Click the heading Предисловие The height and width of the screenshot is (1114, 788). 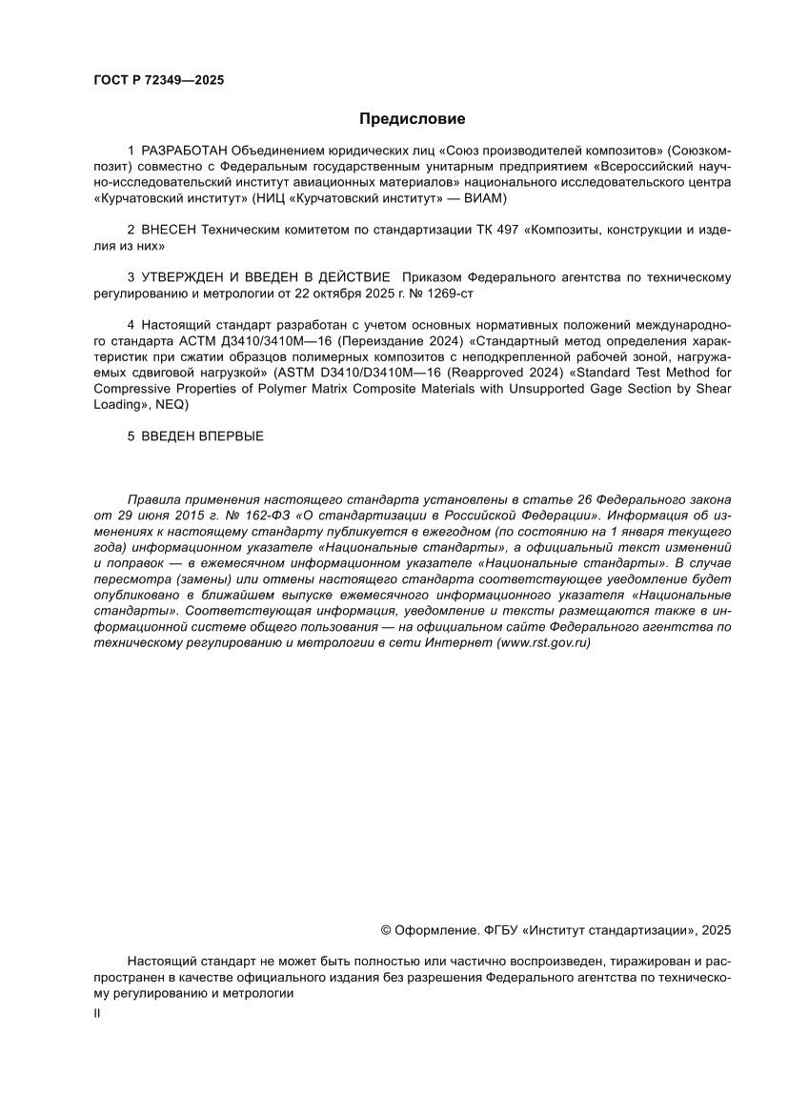412,119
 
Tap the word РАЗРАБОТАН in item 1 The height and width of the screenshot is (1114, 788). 186,151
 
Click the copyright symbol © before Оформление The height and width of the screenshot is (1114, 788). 386,929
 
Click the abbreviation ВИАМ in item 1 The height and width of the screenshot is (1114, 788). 486,198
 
